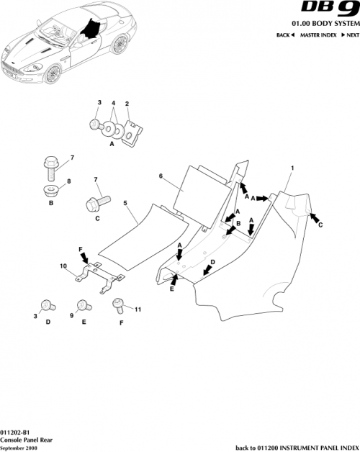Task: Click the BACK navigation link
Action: coord(286,35)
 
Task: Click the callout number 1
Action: coord(292,168)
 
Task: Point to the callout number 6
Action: coord(161,175)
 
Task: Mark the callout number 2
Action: coord(127,104)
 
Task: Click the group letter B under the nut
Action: coord(51,204)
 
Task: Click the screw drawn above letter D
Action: coord(48,305)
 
